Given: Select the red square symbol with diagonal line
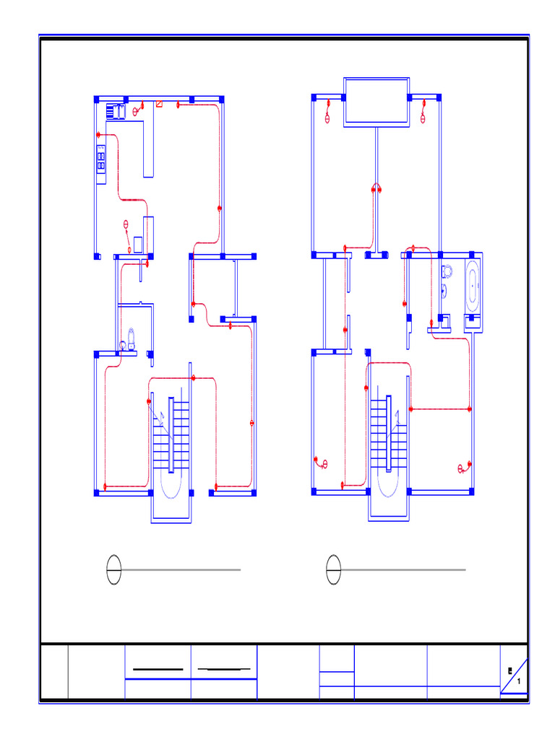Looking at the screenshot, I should (159, 105).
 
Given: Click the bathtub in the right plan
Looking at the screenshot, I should (473, 287).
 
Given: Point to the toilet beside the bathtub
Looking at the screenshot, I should (447, 272).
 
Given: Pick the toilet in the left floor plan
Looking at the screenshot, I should (131, 337).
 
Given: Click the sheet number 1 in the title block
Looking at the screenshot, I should (519, 682).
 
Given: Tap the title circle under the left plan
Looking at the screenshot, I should (113, 570).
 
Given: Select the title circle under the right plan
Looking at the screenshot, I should (333, 570).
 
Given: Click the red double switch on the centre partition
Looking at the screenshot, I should (377, 189).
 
